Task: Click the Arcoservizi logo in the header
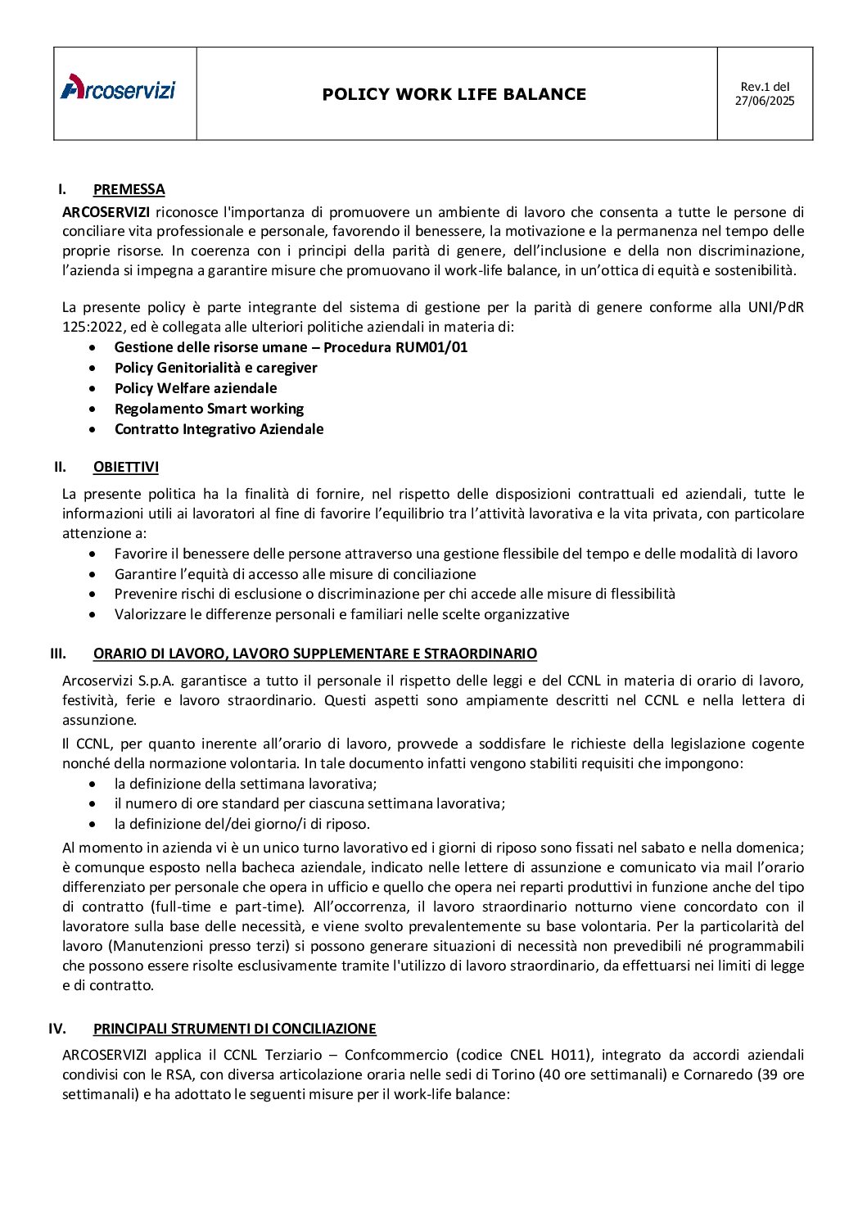(x=118, y=88)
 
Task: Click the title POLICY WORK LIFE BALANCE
(x=454, y=94)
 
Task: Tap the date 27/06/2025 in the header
(x=764, y=102)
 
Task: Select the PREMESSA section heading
(x=129, y=189)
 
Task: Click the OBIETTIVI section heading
(x=126, y=467)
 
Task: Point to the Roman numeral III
(x=58, y=654)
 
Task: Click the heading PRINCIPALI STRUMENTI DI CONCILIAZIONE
(x=234, y=1029)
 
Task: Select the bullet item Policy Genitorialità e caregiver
(x=215, y=368)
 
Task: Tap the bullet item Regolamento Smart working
(x=209, y=409)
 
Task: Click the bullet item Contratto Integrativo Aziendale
(x=219, y=429)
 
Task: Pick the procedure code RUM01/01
(x=431, y=347)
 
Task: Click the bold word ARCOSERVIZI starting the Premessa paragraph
(x=106, y=212)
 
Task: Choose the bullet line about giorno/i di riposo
(x=242, y=824)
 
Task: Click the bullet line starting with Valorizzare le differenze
(x=341, y=614)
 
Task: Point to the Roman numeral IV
(x=57, y=1029)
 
